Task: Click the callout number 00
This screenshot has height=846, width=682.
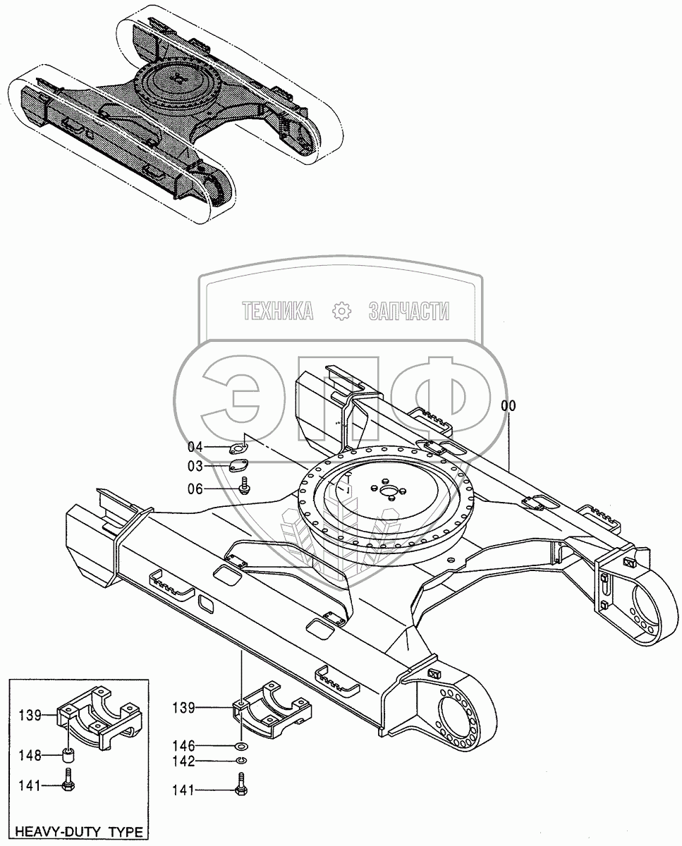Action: click(x=508, y=406)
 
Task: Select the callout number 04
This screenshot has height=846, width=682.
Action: click(x=195, y=447)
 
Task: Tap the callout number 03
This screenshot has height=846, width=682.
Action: click(x=195, y=467)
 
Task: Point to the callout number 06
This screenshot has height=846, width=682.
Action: click(x=195, y=489)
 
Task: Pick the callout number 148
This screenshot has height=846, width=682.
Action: click(x=30, y=756)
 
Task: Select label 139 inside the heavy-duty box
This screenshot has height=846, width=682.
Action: click(x=30, y=715)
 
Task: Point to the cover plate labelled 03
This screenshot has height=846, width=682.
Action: click(x=240, y=465)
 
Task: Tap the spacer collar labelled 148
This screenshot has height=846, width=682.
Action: click(x=68, y=757)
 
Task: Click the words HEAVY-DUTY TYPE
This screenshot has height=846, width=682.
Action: click(x=79, y=832)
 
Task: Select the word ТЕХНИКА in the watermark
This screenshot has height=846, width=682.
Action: click(x=277, y=311)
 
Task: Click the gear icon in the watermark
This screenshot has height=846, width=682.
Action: click(x=341, y=311)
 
